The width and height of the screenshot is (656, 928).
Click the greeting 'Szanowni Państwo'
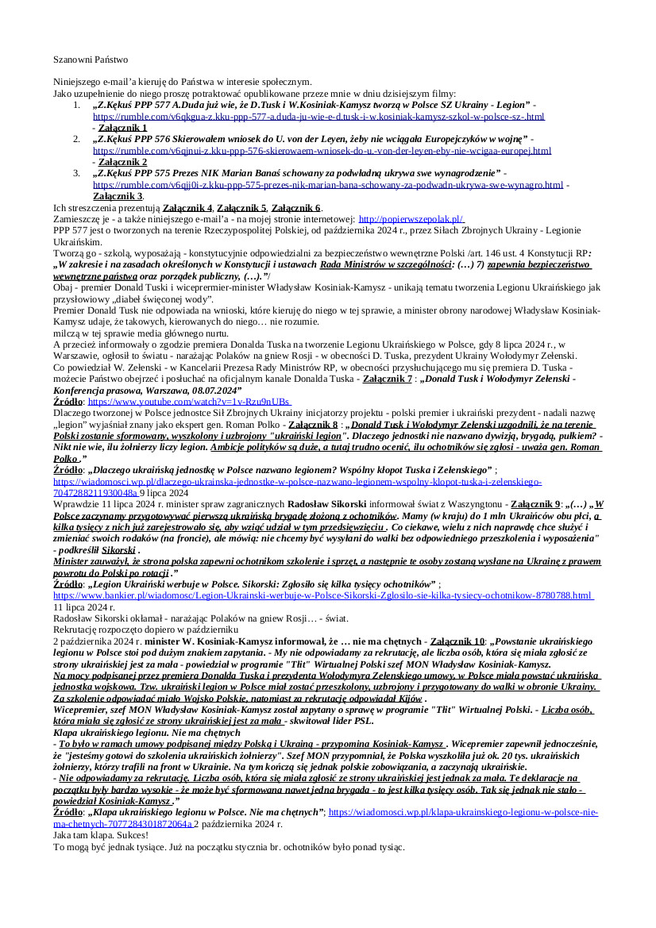(x=90, y=60)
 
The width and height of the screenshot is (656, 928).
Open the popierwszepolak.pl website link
(x=411, y=218)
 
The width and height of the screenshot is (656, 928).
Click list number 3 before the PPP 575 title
(x=76, y=173)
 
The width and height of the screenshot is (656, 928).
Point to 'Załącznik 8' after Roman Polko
(x=312, y=425)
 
